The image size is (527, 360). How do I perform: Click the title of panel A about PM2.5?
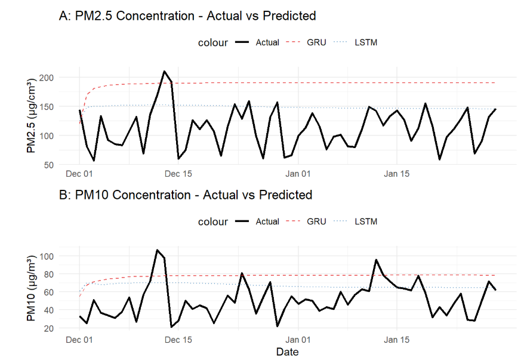[x=187, y=16]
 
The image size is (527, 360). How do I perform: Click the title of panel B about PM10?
[x=186, y=195]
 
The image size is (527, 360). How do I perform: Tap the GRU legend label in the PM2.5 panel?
[x=316, y=42]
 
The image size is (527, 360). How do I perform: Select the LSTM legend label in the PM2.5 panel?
[x=366, y=42]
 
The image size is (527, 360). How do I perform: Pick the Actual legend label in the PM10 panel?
[x=267, y=221]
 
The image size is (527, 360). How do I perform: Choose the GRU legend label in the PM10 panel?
[x=316, y=221]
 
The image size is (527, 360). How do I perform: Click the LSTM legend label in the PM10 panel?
[x=366, y=221]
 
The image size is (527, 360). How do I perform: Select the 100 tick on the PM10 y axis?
[x=48, y=256]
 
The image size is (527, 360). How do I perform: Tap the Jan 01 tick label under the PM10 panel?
[x=297, y=339]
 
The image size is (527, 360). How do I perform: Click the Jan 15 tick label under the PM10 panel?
[x=397, y=339]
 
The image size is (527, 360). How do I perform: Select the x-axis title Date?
[x=287, y=352]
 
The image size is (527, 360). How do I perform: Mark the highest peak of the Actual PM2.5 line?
[x=164, y=71]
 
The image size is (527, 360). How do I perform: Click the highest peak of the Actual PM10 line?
[x=157, y=250]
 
